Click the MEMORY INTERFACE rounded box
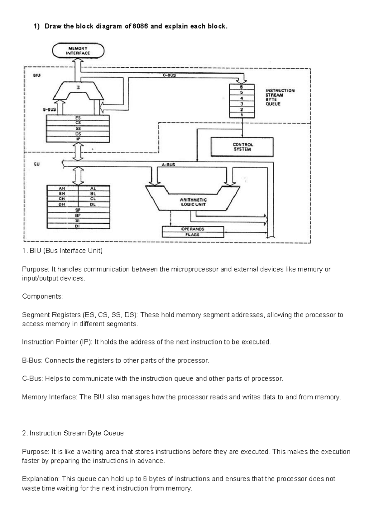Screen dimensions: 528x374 [x=78, y=51]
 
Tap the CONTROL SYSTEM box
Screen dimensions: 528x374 [x=242, y=147]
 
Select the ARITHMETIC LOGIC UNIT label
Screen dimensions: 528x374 [x=193, y=202]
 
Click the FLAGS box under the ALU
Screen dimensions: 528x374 [x=193, y=235]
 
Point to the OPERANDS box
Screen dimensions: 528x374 [x=193, y=229]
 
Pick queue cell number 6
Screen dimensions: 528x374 [x=242, y=87]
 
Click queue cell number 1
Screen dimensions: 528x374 [x=242, y=115]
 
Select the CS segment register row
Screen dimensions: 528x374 [x=78, y=123]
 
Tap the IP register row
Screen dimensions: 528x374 [x=78, y=139]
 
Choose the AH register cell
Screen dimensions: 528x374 [x=62, y=189]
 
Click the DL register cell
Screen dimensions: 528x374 [x=93, y=204]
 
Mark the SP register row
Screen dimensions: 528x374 [x=78, y=210]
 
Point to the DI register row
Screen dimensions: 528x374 [x=78, y=226]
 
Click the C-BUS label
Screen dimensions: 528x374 [x=170, y=75]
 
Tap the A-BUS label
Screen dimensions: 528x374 [x=168, y=165]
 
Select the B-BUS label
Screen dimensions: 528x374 [x=49, y=110]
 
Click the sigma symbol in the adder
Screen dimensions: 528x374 [x=78, y=88]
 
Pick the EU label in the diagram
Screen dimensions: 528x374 [x=37, y=164]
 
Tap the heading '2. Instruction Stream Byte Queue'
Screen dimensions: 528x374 [x=73, y=433]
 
